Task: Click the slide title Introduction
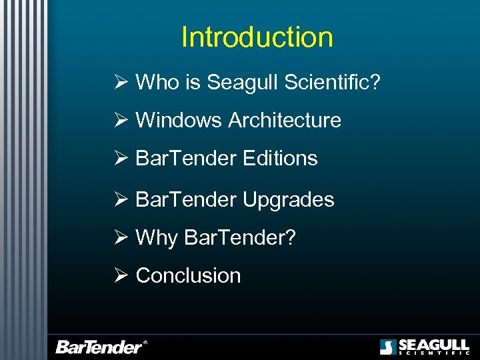[x=257, y=37]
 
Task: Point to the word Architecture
[x=285, y=121]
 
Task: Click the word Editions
[x=280, y=159]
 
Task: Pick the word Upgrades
[x=289, y=199]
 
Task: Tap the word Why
[x=157, y=238]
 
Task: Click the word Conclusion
[x=188, y=275]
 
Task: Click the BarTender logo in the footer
[x=100, y=347]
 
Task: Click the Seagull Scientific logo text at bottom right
[x=433, y=347]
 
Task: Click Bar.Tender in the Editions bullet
[x=186, y=159]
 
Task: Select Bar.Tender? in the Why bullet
[x=239, y=238]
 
